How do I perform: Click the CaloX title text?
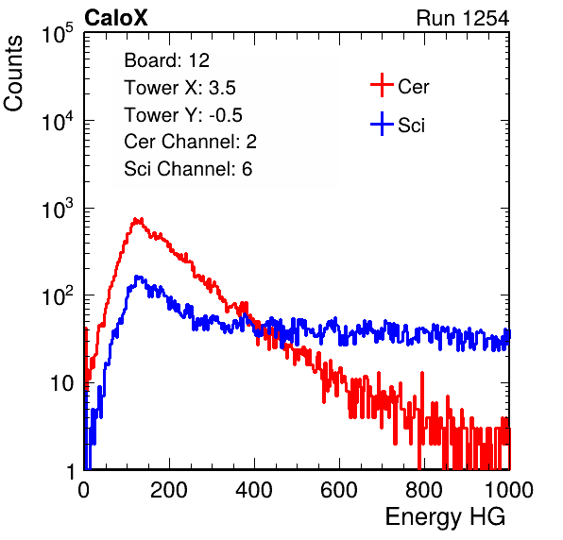tap(116, 18)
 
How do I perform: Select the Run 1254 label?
tap(463, 18)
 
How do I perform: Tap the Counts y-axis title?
tap(13, 74)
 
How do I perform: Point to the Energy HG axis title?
tap(445, 516)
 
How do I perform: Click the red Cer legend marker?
tap(382, 85)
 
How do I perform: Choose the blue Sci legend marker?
tap(382, 125)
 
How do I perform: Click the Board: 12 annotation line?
tap(166, 60)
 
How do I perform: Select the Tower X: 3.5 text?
tap(179, 88)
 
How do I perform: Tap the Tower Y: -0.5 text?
tap(183, 115)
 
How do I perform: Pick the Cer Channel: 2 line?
tap(190, 142)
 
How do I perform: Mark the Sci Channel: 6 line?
tap(188, 169)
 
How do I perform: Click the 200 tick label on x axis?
tap(169, 490)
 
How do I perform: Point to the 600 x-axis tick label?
tap(339, 490)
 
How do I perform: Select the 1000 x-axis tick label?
tap(509, 490)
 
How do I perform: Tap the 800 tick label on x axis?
tap(424, 490)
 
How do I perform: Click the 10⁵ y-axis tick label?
tap(58, 33)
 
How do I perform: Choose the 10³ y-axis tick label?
tap(58, 209)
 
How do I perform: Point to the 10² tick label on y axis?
tap(58, 296)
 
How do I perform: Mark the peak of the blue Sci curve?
tap(137, 277)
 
